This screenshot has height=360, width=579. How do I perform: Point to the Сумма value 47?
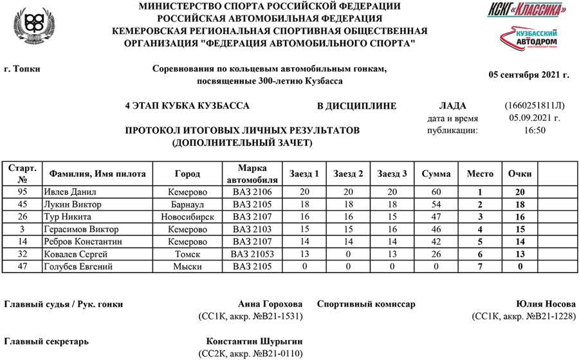point(436,217)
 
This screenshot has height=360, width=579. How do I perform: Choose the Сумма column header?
point(436,174)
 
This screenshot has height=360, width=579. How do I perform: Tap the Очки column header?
point(519,174)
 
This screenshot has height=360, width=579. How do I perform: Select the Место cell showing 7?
point(479,266)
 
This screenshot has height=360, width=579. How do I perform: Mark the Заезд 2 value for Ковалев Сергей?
point(348,253)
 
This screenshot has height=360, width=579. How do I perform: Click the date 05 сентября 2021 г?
point(529,75)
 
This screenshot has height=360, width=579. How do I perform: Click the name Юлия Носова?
point(542,304)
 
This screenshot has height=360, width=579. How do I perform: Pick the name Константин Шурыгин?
point(254,341)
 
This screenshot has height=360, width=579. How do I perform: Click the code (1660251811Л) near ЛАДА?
point(535,105)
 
